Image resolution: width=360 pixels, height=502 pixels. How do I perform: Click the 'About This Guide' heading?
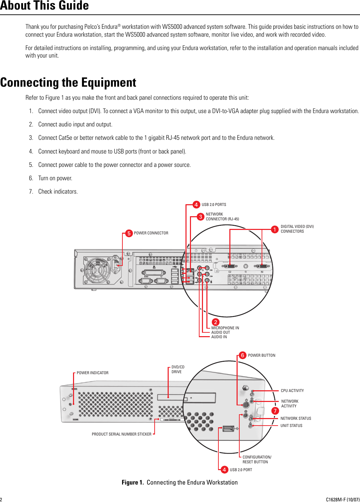click(x=45, y=6)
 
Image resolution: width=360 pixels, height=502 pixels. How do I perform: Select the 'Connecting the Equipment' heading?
click(x=68, y=83)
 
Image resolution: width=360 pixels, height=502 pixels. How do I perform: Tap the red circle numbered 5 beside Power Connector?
click(x=129, y=233)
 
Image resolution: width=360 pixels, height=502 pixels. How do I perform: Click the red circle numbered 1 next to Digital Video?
click(x=275, y=229)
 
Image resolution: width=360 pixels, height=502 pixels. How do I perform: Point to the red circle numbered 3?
click(x=201, y=217)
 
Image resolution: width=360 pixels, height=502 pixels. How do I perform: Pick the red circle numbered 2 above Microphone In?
click(x=215, y=322)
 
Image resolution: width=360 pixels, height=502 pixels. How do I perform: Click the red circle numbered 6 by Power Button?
click(x=242, y=355)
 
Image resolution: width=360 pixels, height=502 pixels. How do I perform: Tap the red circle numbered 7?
click(x=275, y=411)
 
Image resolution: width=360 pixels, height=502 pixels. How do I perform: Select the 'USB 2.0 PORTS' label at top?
click(x=214, y=205)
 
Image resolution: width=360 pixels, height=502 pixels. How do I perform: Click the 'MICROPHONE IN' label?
click(x=225, y=328)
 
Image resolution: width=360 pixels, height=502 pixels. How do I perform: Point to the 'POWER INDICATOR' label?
click(x=93, y=373)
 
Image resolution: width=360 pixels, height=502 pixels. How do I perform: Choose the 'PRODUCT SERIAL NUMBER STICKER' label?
click(x=121, y=434)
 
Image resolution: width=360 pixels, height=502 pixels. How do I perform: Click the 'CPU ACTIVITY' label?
click(x=292, y=391)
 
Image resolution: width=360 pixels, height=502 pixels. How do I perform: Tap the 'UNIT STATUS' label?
click(x=291, y=426)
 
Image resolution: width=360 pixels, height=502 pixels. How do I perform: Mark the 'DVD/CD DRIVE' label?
click(x=178, y=369)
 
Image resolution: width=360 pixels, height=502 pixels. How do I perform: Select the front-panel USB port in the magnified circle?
click(x=228, y=429)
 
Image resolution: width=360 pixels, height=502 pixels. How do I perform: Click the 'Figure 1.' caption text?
click(x=133, y=482)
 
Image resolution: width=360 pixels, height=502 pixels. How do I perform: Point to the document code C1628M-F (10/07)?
click(x=343, y=500)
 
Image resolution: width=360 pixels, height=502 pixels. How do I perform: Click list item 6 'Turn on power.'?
click(x=55, y=178)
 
